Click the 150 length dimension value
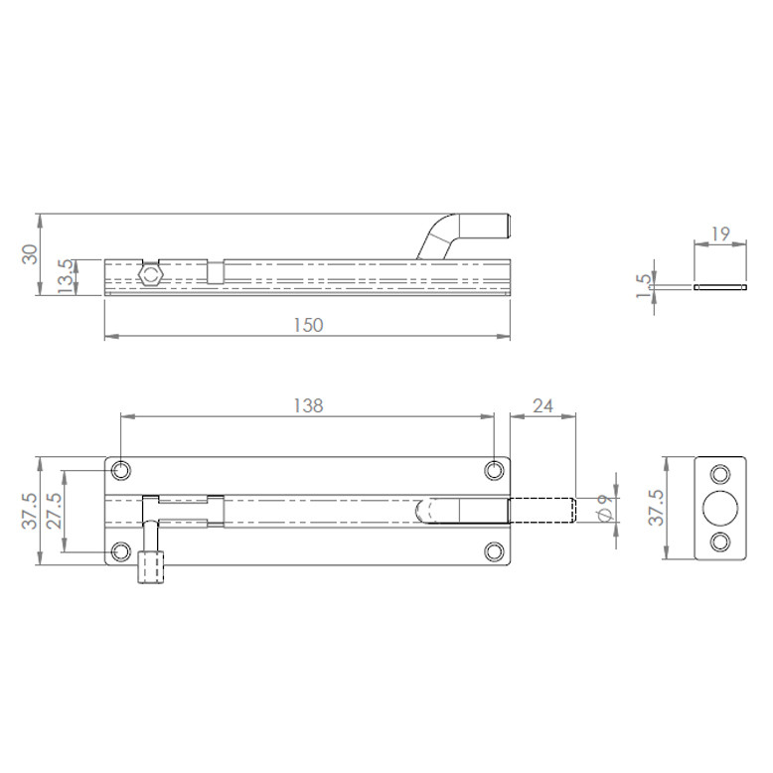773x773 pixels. [x=309, y=326]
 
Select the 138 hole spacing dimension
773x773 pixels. [x=308, y=405]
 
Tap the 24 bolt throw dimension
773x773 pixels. [x=542, y=405]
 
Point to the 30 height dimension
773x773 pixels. [x=30, y=254]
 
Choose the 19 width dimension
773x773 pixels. [x=721, y=234]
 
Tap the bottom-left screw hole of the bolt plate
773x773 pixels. [x=121, y=551]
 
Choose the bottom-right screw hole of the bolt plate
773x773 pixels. [x=494, y=551]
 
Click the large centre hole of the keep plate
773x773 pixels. [x=718, y=506]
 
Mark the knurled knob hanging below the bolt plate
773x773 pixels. [x=151, y=569]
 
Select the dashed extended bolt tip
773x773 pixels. [x=542, y=510]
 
